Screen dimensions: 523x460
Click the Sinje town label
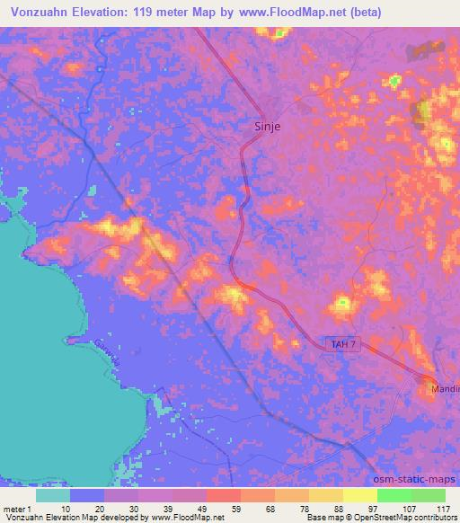(x=262, y=127)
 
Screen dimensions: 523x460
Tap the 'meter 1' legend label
(x=19, y=508)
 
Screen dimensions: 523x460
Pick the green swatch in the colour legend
(x=394, y=495)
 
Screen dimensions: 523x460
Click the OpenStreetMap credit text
(x=414, y=518)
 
